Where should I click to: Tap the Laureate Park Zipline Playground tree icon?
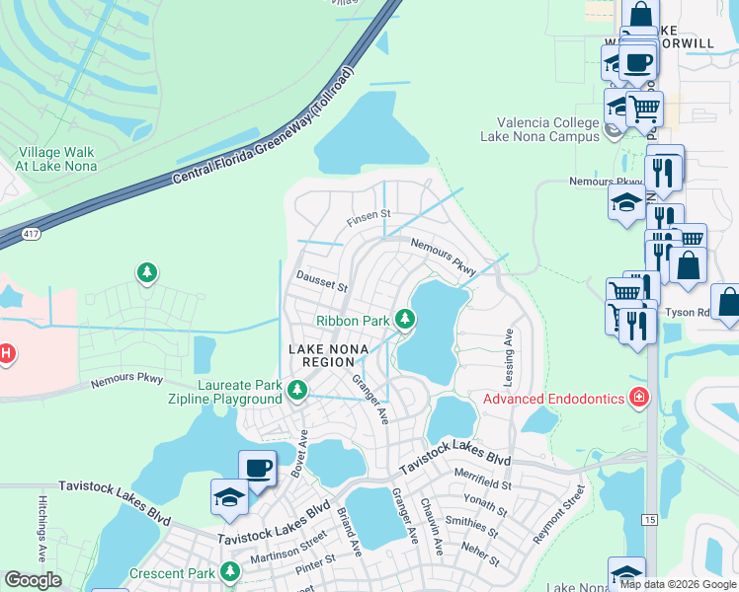[295, 392]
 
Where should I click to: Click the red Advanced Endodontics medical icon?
[640, 398]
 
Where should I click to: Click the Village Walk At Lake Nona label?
[56, 159]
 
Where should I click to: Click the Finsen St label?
[369, 214]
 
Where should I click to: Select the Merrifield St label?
[484, 484]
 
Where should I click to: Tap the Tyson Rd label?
[689, 312]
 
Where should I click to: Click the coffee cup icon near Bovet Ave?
[257, 468]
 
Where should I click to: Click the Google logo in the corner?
[33, 580]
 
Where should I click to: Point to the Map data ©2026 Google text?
[679, 584]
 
